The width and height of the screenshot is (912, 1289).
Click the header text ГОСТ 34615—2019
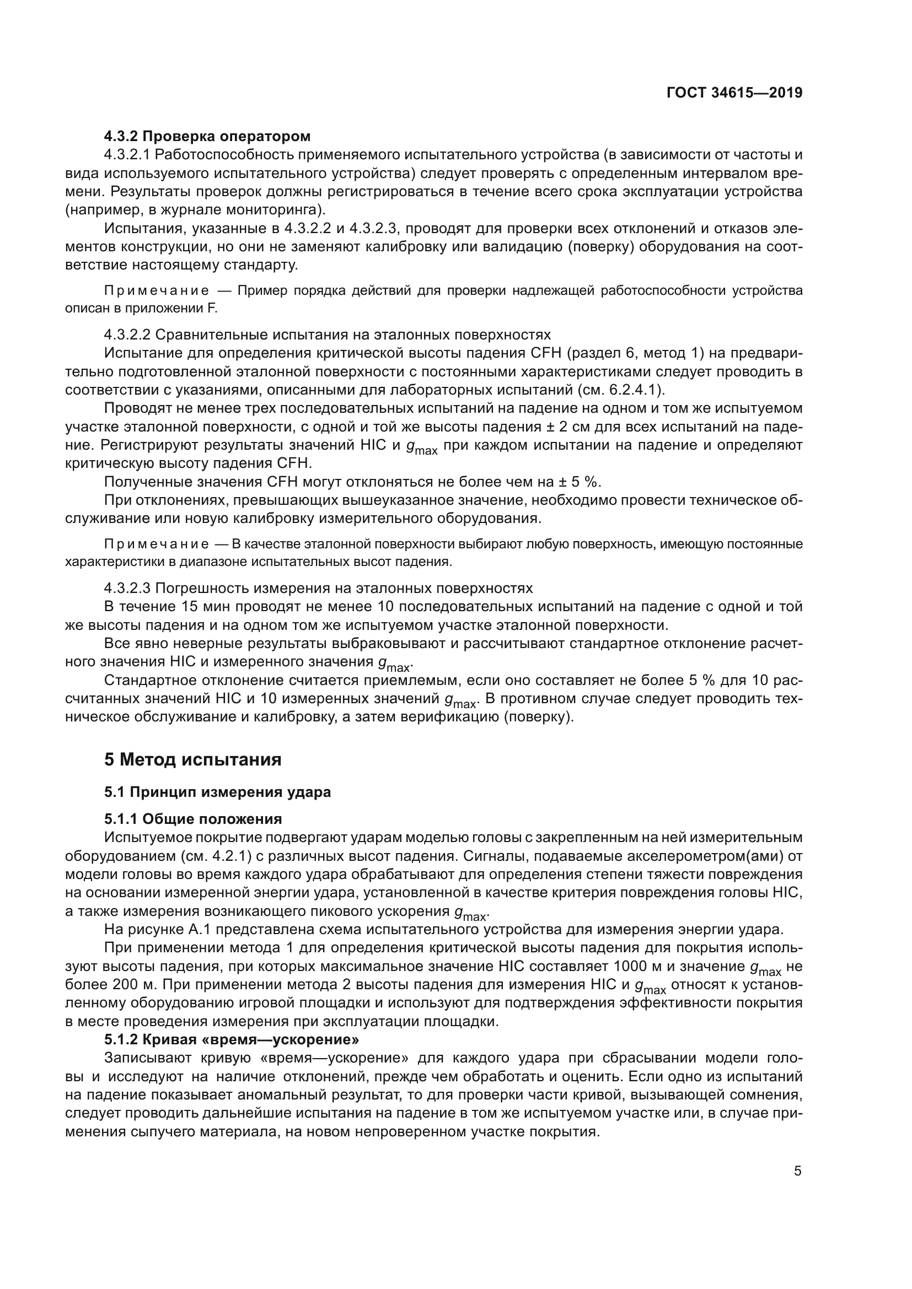(734, 93)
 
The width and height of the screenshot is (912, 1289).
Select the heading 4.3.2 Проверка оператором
(207, 136)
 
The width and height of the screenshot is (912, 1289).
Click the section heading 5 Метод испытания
(192, 759)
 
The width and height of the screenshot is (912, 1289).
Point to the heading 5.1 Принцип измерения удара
(217, 792)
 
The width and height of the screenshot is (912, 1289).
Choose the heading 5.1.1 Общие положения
(192, 818)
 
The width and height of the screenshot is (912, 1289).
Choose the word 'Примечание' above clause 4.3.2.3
(157, 544)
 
